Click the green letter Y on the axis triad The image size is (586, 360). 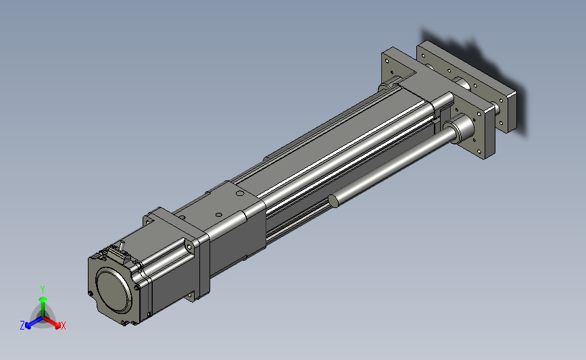click(x=43, y=290)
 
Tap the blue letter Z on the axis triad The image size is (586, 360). click(x=22, y=326)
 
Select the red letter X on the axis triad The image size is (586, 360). click(x=63, y=326)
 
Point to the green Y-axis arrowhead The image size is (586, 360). click(x=43, y=299)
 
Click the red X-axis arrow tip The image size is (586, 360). click(x=57, y=326)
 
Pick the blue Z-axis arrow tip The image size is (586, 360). click(x=28, y=326)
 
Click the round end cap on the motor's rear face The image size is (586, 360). click(x=114, y=291)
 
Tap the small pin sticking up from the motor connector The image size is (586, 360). click(x=122, y=247)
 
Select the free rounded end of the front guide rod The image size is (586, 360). click(x=334, y=201)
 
